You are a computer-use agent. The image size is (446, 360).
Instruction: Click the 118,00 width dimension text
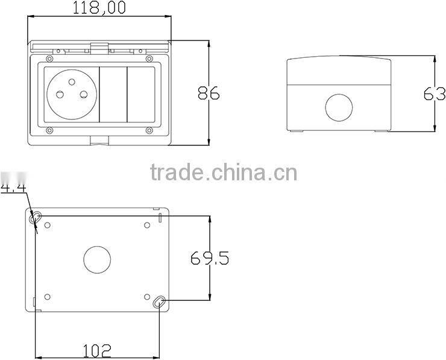pyautogui.click(x=99, y=8)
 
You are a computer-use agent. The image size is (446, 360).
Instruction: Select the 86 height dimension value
pyautogui.click(x=209, y=93)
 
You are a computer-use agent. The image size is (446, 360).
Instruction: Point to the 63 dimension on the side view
pyautogui.click(x=434, y=94)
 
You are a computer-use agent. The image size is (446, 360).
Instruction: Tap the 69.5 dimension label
pyautogui.click(x=210, y=258)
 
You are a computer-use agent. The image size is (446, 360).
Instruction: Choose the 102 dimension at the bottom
pyautogui.click(x=97, y=350)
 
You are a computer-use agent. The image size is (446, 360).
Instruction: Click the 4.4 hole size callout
pyautogui.click(x=12, y=189)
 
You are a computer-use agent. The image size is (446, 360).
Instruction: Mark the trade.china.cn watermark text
pyautogui.click(x=223, y=173)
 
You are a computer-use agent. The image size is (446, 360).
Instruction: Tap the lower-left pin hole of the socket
pyautogui.click(x=61, y=94)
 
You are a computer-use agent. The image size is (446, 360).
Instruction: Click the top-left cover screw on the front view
pyautogui.click(x=47, y=58)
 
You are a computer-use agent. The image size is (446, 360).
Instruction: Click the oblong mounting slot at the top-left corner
pyautogui.click(x=37, y=216)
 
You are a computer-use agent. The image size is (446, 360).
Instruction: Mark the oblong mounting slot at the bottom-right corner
pyautogui.click(x=159, y=302)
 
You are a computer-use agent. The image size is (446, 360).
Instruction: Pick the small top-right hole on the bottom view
pyautogui.click(x=148, y=226)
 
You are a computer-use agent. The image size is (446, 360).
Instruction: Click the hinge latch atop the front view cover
pyautogui.click(x=99, y=46)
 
